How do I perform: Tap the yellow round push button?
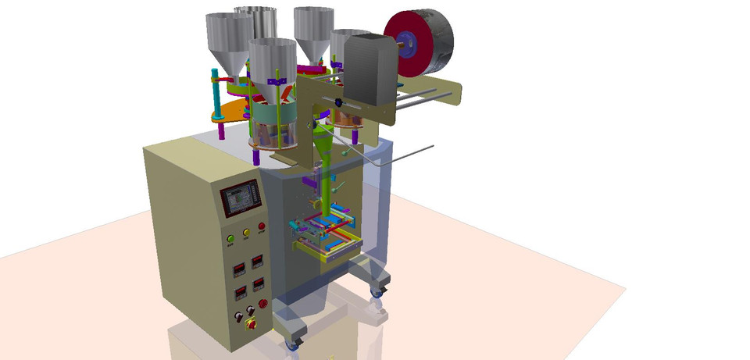pos(245,232)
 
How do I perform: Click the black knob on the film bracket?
pos(338,103)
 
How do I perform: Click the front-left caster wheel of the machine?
pos(292,344)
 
